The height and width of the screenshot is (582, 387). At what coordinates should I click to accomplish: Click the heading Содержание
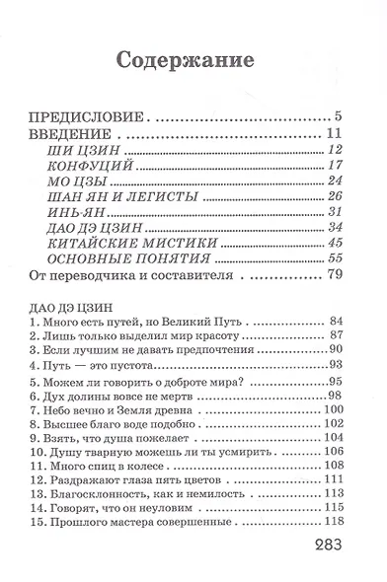[194, 60]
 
